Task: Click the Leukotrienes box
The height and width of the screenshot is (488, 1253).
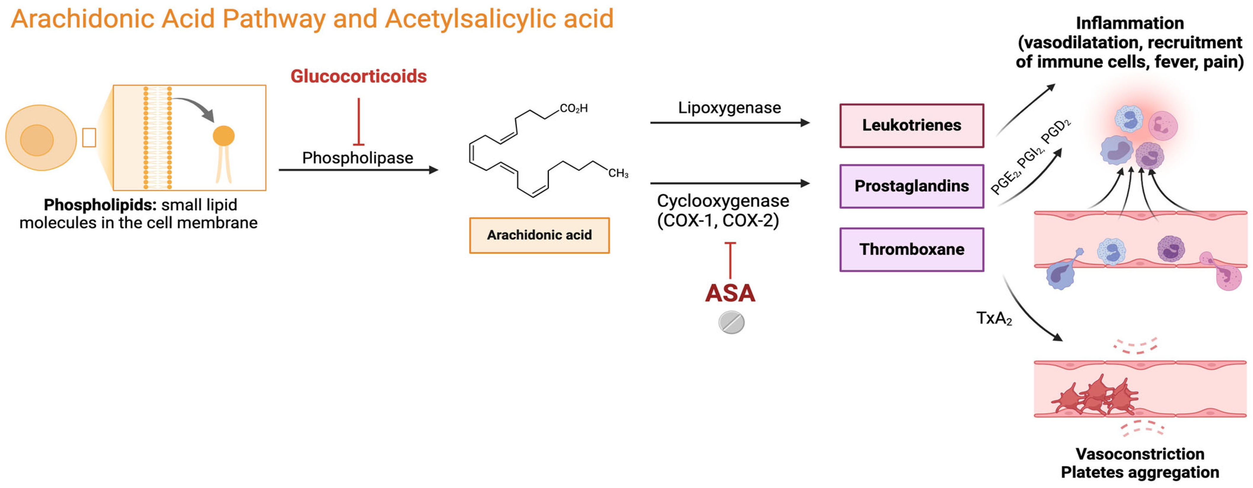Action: tap(911, 125)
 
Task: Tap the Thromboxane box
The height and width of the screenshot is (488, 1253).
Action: tap(911, 249)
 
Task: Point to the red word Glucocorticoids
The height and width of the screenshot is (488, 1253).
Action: tap(358, 76)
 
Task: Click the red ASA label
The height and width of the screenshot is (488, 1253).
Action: tap(730, 293)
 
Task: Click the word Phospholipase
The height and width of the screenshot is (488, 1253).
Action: tap(357, 158)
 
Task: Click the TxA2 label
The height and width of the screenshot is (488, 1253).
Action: tap(994, 318)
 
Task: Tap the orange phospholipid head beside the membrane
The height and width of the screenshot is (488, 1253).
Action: tap(224, 136)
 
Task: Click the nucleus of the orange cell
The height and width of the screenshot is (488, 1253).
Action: tap(36, 140)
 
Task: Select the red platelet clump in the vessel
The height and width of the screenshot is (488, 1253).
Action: tap(1097, 397)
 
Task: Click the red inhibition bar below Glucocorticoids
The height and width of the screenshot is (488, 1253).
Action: tap(358, 122)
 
